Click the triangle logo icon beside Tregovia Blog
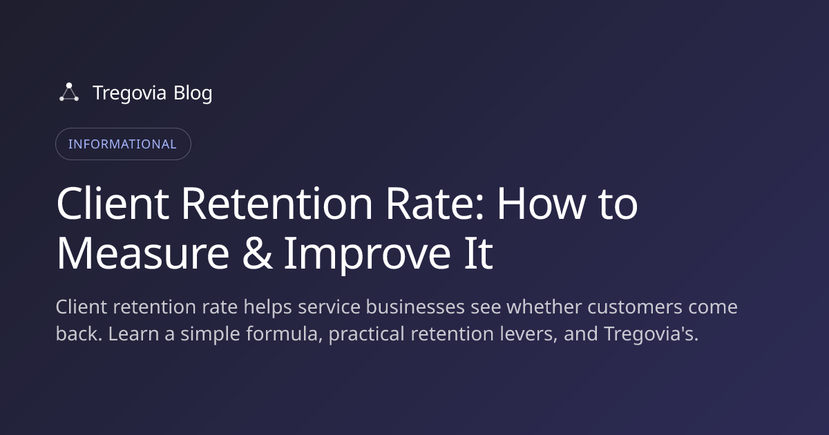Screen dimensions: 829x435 pos(69,92)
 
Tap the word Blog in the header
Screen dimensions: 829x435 pos(193,93)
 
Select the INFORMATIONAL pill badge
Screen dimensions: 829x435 pos(123,144)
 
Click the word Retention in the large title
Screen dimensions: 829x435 pos(277,204)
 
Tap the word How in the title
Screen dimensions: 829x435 pos(542,204)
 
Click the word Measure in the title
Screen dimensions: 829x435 pos(143,254)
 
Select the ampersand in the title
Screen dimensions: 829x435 pos(257,254)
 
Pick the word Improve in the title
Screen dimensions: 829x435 pos(368,255)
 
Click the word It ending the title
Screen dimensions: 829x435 pos(479,254)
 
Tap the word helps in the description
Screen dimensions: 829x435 pos(267,308)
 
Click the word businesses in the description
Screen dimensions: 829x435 pos(415,307)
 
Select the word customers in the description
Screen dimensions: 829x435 pos(635,308)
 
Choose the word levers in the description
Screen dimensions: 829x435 pos(528,334)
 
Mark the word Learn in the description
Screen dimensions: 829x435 pos(133,333)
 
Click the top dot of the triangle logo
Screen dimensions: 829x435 pos(69,86)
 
